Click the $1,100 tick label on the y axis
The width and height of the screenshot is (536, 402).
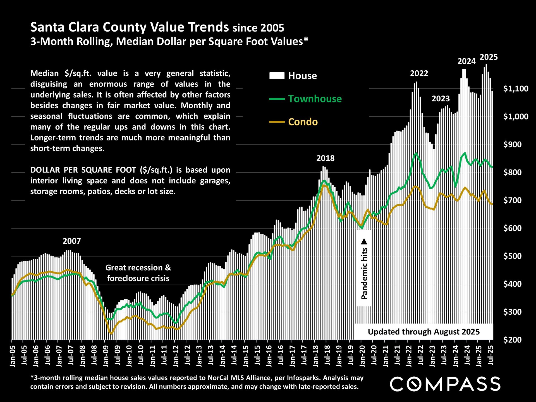coord(516,89)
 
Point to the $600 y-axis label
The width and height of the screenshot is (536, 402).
coord(512,228)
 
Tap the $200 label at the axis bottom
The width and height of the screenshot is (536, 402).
coord(512,340)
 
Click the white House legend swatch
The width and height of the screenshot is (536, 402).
coord(277,76)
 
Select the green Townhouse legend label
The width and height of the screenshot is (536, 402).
coord(315,99)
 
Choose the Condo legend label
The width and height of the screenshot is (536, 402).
coord(303,122)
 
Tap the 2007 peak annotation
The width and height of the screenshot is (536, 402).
coord(72,241)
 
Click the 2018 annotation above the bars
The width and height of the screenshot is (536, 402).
coord(325,158)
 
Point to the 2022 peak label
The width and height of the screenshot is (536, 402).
coord(419,73)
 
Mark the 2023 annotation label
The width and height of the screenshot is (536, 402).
coord(441,99)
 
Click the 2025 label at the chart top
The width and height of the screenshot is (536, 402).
coord(489,57)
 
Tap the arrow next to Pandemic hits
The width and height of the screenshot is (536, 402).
coord(364,241)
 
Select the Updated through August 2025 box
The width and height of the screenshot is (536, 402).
coord(423,332)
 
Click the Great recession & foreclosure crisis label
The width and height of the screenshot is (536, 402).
coord(138,273)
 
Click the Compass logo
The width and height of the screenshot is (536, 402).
coord(445,384)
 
